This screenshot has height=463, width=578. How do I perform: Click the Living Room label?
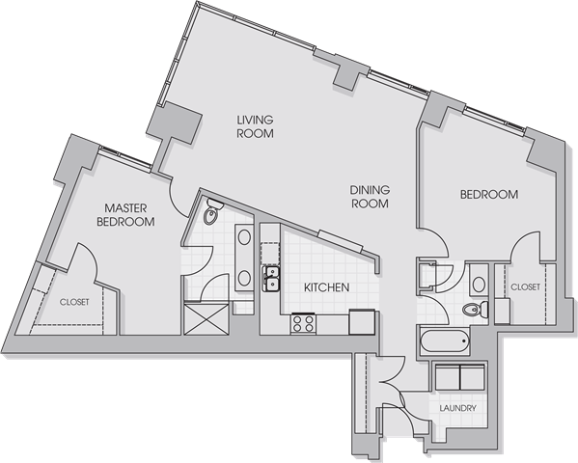pyautogui.click(x=255, y=126)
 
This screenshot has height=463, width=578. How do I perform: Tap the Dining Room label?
pyautogui.click(x=370, y=197)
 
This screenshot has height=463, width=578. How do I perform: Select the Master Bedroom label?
pyautogui.click(x=125, y=214)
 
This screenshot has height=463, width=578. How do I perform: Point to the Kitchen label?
pyautogui.click(x=326, y=287)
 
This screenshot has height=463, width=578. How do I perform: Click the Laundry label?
pyautogui.click(x=457, y=408)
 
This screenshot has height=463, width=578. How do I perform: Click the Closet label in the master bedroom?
pyautogui.click(x=74, y=302)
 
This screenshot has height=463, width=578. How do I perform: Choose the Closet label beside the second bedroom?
pyautogui.click(x=525, y=286)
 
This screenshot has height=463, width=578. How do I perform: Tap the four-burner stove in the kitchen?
pyautogui.click(x=303, y=323)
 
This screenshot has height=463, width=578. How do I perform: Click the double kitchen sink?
pyautogui.click(x=271, y=279)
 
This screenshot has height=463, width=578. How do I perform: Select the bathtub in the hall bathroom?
pyautogui.click(x=445, y=340)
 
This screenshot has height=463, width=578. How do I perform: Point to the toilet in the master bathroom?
pyautogui.click(x=212, y=211)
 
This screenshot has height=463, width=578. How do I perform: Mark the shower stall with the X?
pyautogui.click(x=206, y=318)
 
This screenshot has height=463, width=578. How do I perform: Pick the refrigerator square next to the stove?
pyautogui.click(x=362, y=322)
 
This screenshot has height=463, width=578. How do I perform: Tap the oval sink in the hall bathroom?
pyautogui.click(x=479, y=285)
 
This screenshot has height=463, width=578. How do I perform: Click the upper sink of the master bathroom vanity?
pyautogui.click(x=244, y=237)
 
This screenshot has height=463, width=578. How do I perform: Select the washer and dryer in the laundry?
pyautogui.click(x=459, y=377)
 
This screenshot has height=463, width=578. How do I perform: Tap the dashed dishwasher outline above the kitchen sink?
pyautogui.click(x=271, y=253)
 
